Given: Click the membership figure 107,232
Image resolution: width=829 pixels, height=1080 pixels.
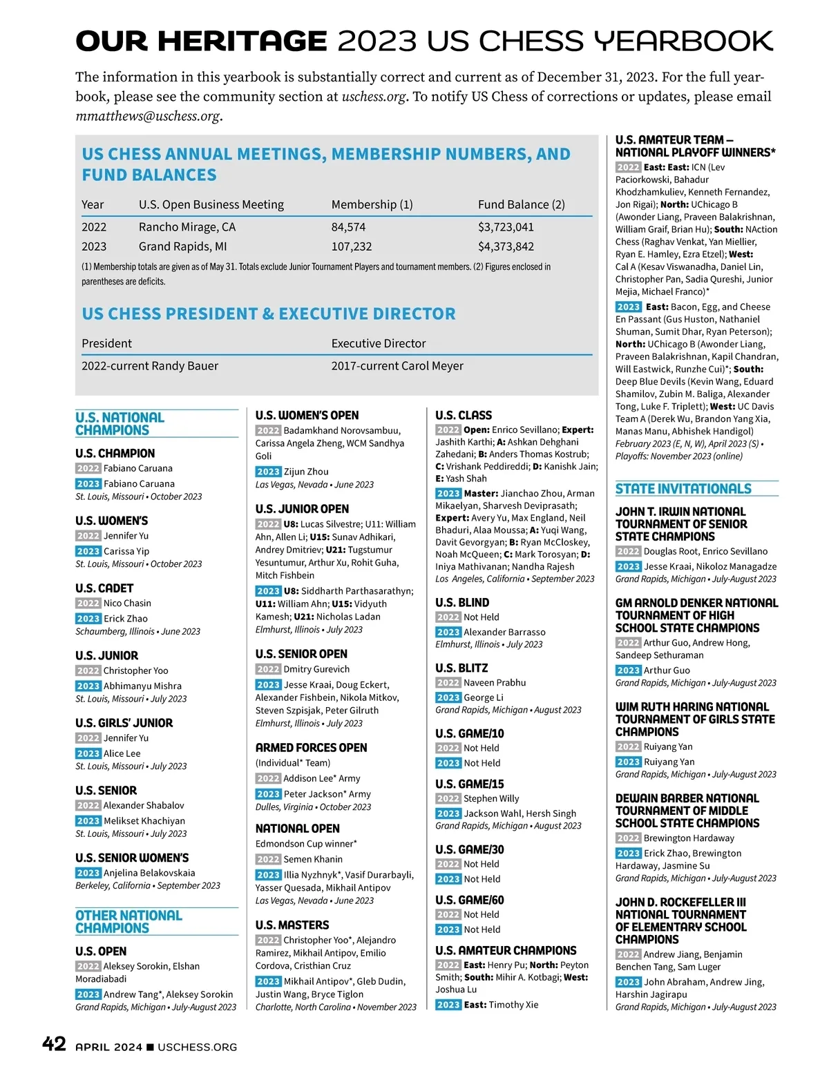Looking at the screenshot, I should point(352,247).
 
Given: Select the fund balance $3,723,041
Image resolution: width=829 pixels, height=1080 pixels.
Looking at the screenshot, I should point(506,227).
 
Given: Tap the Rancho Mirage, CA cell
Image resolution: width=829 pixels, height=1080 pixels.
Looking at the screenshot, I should point(187,227).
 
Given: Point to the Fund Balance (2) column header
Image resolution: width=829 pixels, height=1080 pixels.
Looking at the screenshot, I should point(522,204).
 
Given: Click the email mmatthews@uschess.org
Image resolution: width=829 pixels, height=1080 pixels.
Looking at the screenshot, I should point(148,116).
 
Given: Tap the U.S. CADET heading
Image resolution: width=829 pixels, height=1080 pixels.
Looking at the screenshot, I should point(104,588).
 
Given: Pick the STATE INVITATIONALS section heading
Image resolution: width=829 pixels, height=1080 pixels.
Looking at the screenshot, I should point(683,489).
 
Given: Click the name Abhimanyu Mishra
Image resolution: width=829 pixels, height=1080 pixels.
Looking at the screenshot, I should point(142,686).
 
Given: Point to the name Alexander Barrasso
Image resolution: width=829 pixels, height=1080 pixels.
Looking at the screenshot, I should point(504,632).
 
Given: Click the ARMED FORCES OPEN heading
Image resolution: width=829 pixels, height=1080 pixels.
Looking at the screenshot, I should point(311,747).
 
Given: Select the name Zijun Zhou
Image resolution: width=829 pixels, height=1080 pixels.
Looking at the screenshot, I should point(306,472).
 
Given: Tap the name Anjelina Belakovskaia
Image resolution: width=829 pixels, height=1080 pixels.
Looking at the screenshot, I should point(149,873).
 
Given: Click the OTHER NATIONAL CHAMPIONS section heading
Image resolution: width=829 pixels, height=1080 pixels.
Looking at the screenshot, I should point(128,922).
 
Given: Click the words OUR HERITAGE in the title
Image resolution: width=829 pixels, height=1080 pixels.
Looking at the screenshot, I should point(201,41).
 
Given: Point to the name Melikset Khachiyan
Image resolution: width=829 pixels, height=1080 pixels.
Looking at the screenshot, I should point(144,821).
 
